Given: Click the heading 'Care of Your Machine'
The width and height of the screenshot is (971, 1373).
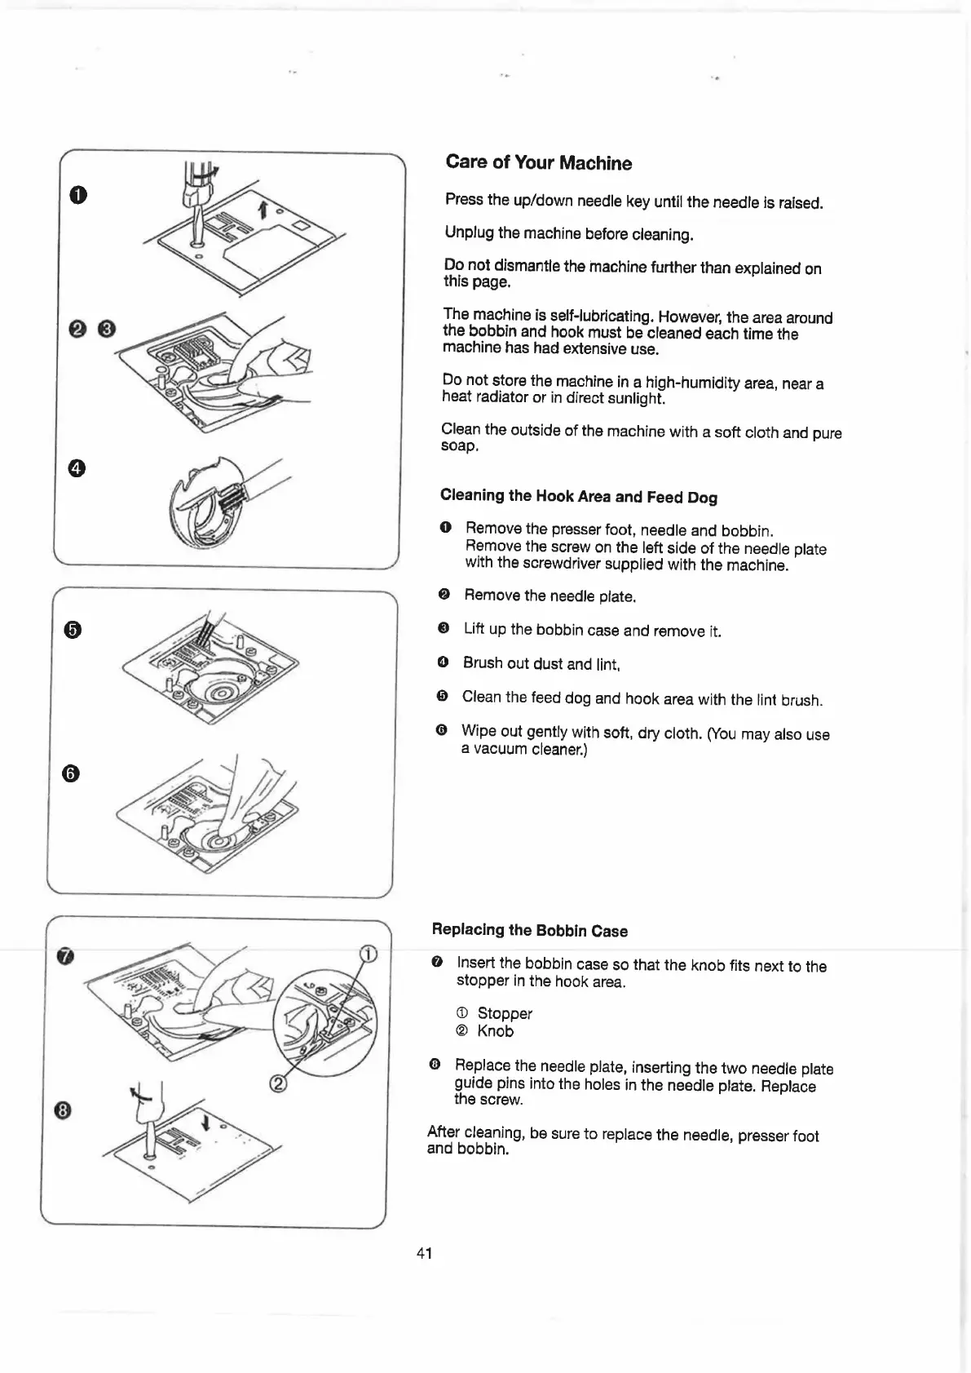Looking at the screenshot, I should [x=538, y=162].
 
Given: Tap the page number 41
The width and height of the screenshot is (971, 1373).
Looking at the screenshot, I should [x=424, y=1253].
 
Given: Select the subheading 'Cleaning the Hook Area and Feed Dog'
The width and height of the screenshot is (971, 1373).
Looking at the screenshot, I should [x=578, y=496].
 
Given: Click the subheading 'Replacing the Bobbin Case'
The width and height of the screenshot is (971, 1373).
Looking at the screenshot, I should [x=529, y=930].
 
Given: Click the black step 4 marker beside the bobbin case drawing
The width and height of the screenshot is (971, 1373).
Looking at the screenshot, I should [x=77, y=467].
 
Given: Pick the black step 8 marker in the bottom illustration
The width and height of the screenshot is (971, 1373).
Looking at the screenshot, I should [x=65, y=1110].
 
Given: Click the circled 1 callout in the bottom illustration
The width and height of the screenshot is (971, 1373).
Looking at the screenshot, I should [x=369, y=955].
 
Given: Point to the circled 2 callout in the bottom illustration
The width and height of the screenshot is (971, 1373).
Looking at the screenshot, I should [x=278, y=1084].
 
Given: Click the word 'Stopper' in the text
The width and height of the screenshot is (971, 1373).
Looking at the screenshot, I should [x=505, y=1013].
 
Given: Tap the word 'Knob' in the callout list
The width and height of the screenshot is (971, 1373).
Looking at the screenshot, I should [x=496, y=1031].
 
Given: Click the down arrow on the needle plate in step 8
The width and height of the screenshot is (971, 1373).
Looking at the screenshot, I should [x=205, y=1123].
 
